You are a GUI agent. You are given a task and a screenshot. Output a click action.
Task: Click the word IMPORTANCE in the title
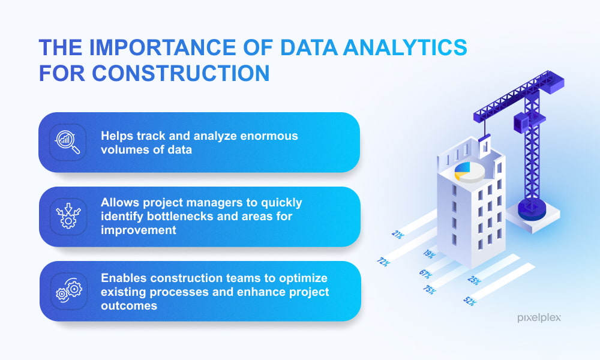coord(163,47)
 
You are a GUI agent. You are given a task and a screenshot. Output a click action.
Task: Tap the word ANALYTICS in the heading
coord(405,47)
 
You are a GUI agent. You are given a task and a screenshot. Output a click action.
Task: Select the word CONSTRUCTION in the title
coord(181,73)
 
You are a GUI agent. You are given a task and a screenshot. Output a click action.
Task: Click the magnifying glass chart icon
coord(68,142)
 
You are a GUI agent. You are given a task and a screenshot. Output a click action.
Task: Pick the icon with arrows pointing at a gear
coord(68,216)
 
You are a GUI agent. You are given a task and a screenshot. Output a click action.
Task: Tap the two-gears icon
coord(69,291)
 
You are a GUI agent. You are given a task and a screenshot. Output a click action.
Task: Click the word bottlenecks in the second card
coord(180,216)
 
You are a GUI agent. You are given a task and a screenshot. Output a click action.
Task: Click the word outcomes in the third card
coord(129,305)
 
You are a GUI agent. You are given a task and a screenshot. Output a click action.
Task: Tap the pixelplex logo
coord(539,317)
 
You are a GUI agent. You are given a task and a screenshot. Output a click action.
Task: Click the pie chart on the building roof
coord(470,172)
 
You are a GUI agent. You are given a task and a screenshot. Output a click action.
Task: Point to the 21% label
coord(398,234)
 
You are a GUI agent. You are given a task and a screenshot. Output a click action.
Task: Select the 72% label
coord(383,262)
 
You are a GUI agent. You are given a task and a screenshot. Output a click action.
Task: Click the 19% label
coord(429,254)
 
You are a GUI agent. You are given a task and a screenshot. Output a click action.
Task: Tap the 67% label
coord(425,274)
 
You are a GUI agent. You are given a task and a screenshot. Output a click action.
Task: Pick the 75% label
coord(430,290)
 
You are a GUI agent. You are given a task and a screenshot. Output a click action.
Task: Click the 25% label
coord(474,280)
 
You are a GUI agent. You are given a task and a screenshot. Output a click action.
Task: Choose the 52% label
coord(470,301)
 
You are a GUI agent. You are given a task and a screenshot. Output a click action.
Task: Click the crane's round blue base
coord(532,209)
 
